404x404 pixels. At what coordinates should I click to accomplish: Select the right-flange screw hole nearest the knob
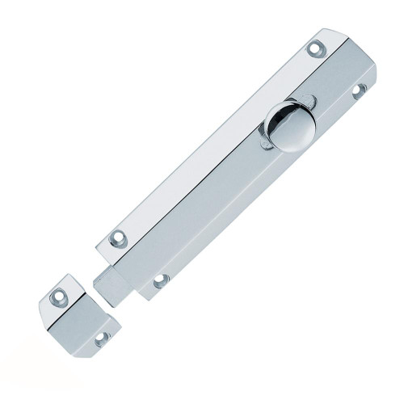point(359,91)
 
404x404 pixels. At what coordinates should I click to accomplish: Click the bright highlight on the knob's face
point(296,129)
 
